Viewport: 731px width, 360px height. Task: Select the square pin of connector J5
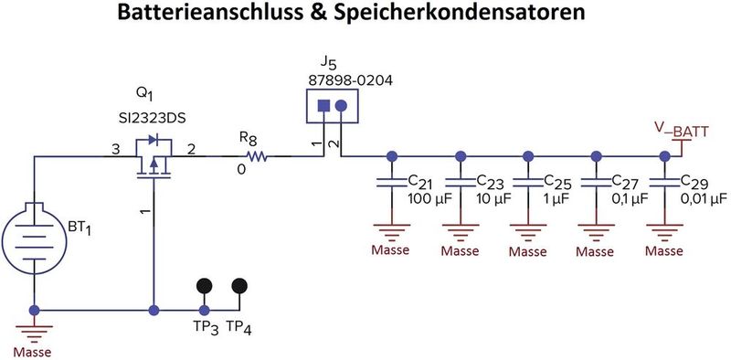click(x=323, y=105)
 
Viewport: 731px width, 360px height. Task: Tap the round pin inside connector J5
click(x=341, y=105)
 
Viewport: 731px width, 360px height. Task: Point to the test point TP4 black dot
click(x=239, y=286)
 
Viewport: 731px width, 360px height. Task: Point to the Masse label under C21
click(x=391, y=249)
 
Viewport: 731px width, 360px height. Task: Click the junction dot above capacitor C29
click(x=664, y=156)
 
